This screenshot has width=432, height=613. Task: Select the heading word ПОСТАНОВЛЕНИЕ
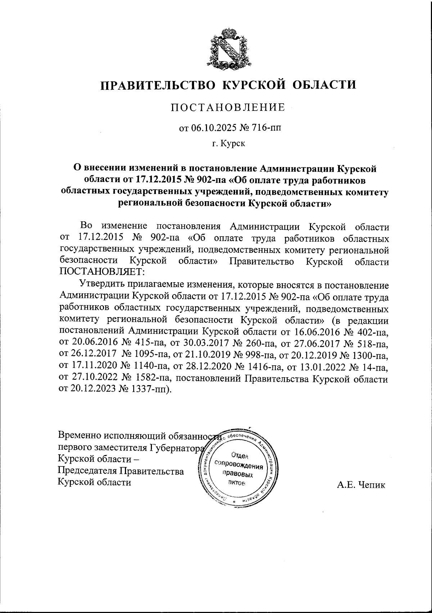(x=228, y=107)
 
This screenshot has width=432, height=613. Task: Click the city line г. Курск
(x=229, y=144)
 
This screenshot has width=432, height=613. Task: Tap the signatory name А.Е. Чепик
(x=361, y=485)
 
